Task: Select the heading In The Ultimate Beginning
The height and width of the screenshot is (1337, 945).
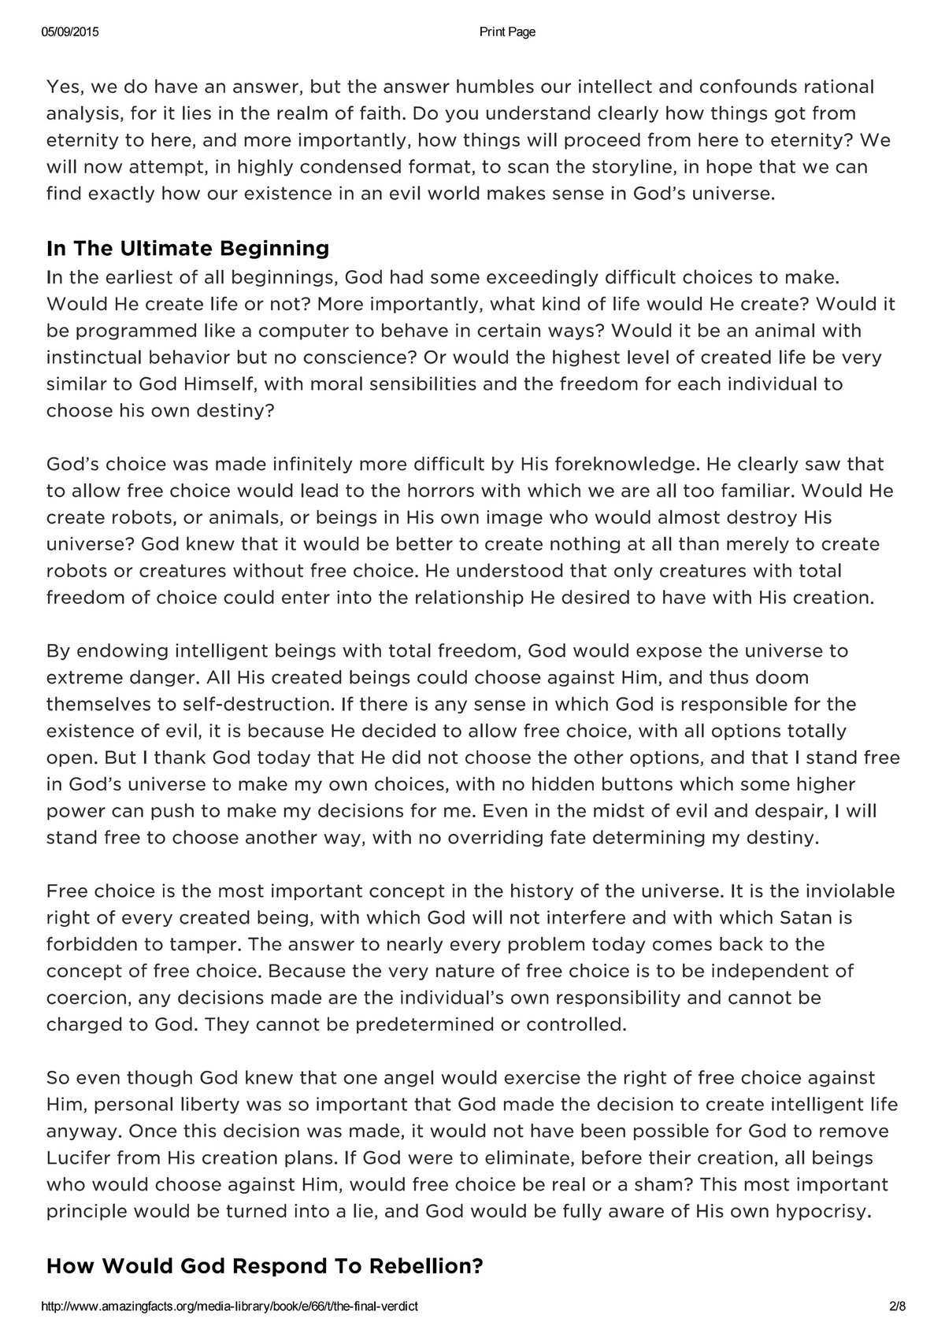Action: click(x=187, y=249)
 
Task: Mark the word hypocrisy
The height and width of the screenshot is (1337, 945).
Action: click(x=824, y=1212)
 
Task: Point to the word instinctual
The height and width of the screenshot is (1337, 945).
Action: click(x=101, y=357)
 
